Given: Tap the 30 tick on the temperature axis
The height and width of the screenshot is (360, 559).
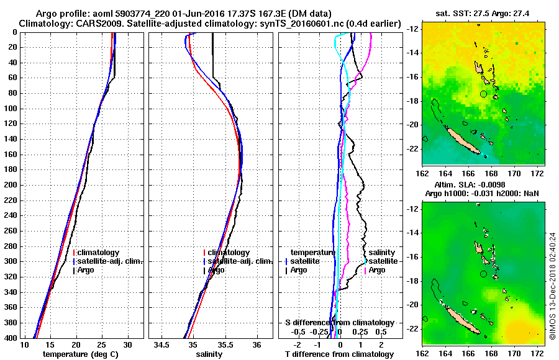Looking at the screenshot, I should (x=128, y=344).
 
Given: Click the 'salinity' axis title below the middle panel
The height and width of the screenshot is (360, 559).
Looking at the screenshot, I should (x=208, y=354).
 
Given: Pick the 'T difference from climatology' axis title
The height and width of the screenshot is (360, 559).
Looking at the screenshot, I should (x=340, y=354).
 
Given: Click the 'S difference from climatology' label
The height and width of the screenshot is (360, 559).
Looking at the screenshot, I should (x=340, y=323).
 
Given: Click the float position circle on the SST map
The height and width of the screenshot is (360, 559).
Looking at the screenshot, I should (x=484, y=94).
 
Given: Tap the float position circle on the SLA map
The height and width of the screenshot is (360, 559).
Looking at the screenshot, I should (x=484, y=274).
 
